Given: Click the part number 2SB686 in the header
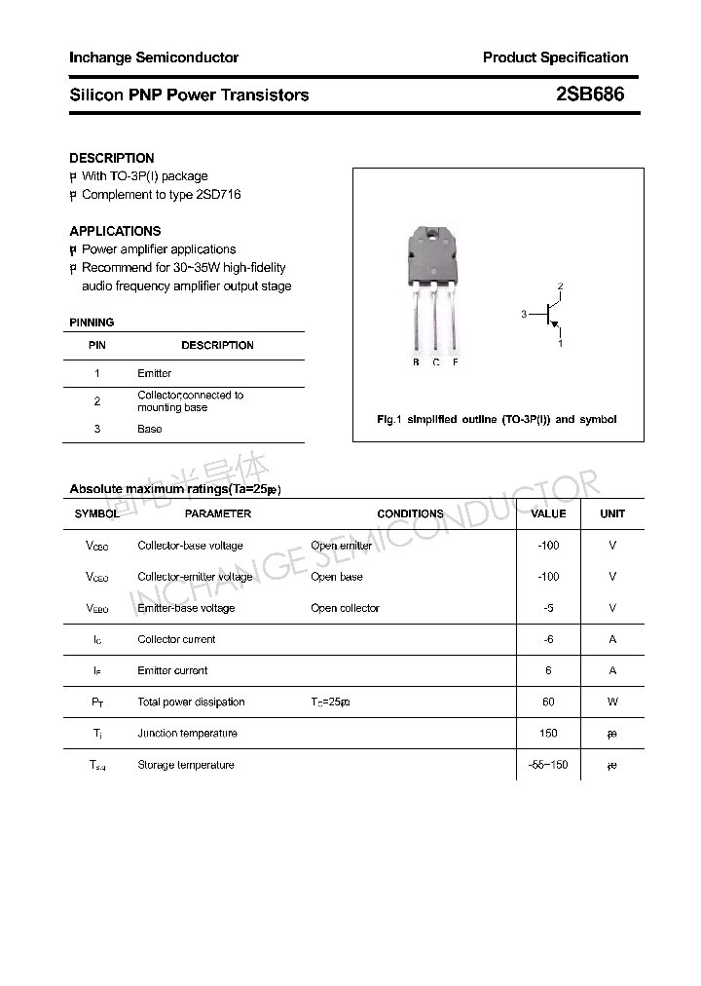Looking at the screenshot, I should click(590, 95).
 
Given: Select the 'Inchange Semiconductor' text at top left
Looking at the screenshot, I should click(154, 57).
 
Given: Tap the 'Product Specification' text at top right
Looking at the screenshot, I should click(555, 57).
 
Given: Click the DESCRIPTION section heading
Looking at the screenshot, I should click(112, 158).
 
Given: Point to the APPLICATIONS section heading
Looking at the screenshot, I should click(115, 231).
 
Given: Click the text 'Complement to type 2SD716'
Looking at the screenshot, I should click(161, 195).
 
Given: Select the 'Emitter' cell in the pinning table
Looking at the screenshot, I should click(155, 373).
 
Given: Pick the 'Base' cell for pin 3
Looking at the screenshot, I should click(150, 429).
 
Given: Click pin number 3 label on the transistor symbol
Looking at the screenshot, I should click(524, 314).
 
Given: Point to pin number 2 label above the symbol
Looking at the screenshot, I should click(560, 285).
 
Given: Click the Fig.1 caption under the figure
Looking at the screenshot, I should click(497, 419).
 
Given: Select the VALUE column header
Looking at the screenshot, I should click(548, 513).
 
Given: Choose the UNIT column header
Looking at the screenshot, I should click(612, 513).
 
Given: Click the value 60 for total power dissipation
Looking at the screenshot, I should click(548, 702).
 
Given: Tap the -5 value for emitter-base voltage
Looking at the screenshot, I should click(548, 608).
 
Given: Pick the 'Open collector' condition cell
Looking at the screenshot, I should click(345, 608).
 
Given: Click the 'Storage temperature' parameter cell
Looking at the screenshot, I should click(186, 765).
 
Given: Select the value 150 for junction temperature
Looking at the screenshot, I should click(548, 733).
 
